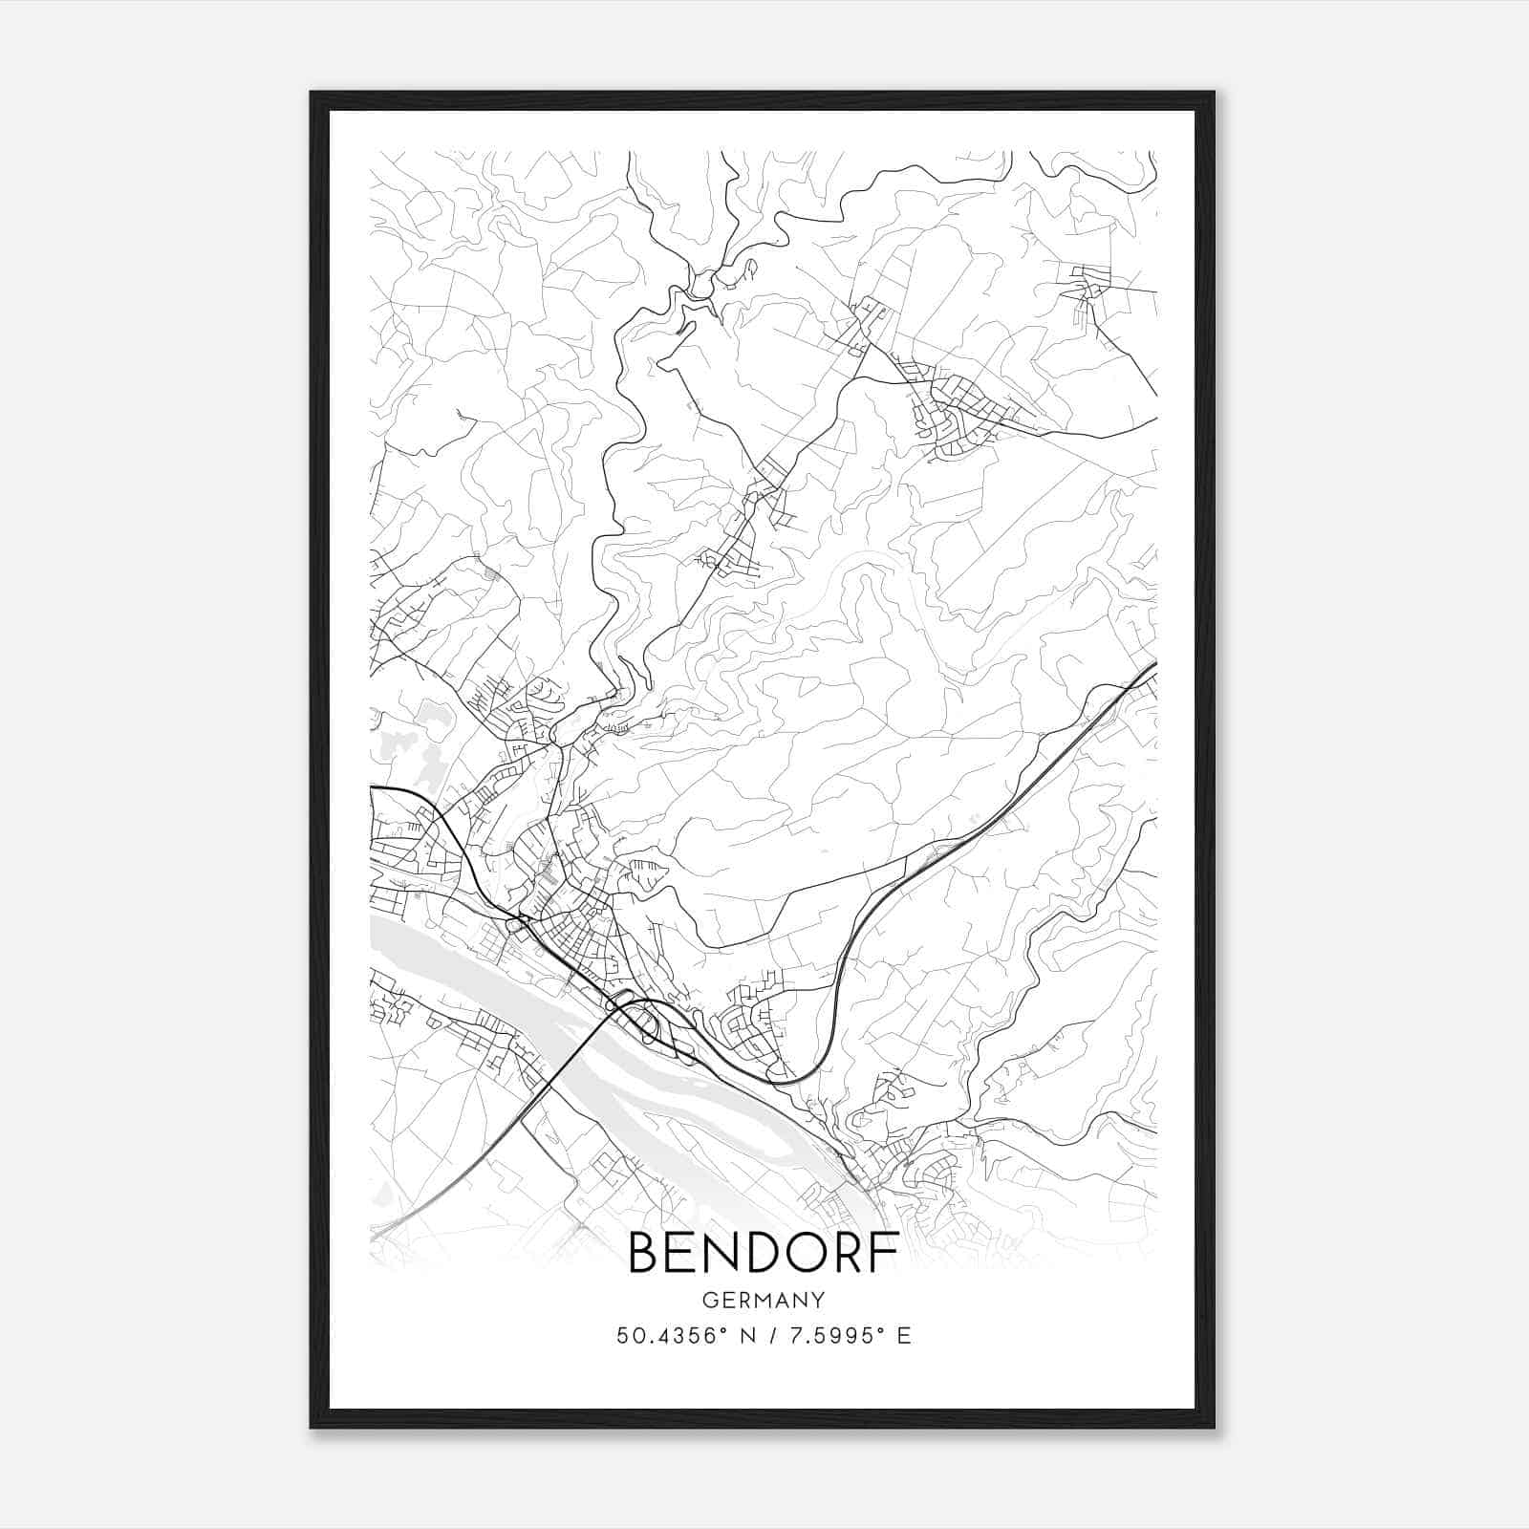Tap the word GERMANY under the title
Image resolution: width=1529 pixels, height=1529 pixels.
764,1300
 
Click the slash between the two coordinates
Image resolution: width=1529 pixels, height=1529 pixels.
766,1336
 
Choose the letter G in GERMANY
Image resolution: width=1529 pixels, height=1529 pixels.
708,1300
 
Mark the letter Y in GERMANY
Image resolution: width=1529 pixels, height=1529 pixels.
818,1300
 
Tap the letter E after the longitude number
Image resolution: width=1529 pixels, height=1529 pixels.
904,1336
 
